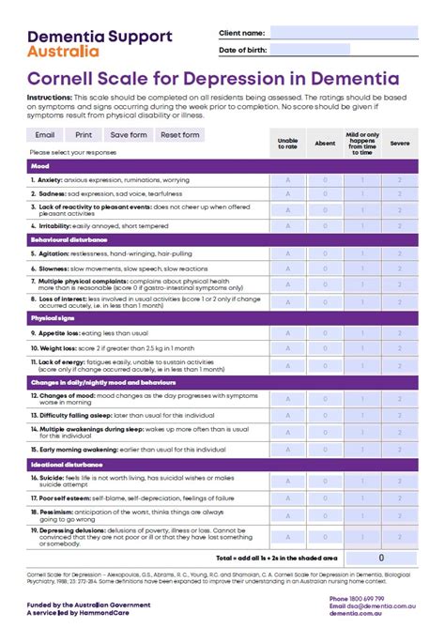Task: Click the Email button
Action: (45, 135)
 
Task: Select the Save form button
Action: (130, 135)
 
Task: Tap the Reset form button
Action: (179, 135)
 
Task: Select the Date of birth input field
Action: (310, 50)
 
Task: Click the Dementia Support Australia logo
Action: (100, 43)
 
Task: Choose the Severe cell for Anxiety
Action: (399, 179)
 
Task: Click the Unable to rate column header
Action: (288, 144)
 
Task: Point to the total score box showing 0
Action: (380, 558)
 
